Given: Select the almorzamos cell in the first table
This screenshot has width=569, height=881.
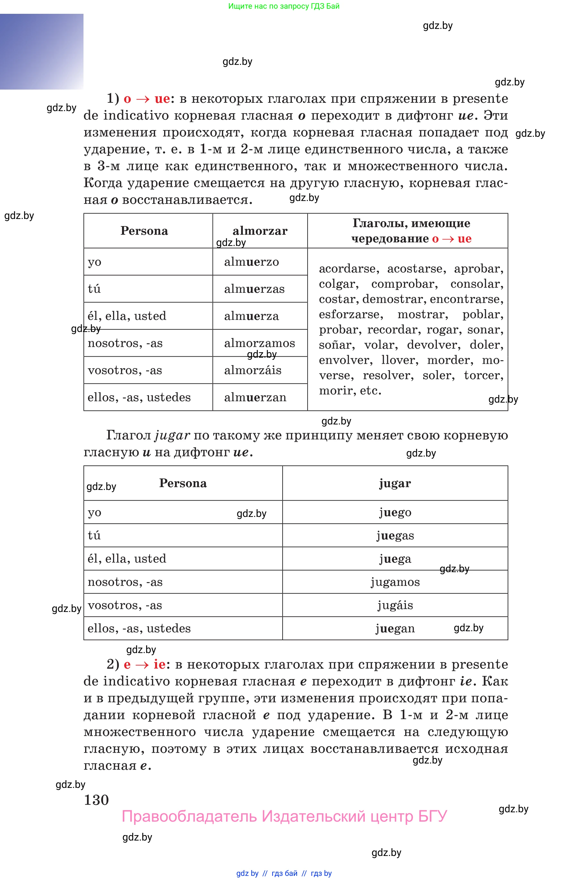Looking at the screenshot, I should click(x=259, y=343).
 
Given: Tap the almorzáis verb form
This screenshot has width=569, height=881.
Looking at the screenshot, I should click(x=253, y=370).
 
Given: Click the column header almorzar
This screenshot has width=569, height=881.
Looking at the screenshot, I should click(x=260, y=231).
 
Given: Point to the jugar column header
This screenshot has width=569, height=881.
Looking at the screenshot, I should click(x=395, y=483).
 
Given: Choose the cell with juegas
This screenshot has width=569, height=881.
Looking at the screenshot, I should click(x=395, y=535).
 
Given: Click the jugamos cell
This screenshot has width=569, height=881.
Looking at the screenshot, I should click(x=395, y=582).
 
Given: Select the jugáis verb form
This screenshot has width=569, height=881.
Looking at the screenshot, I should click(x=395, y=605).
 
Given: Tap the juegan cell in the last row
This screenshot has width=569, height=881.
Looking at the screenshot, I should click(x=395, y=628).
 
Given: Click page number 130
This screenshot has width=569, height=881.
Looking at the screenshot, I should click(x=96, y=800).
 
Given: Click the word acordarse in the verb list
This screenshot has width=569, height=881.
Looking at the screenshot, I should click(x=348, y=268).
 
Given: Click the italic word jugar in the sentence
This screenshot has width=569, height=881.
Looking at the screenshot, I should click(x=172, y=435).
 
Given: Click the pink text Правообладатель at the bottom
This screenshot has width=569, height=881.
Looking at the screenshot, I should click(x=189, y=816).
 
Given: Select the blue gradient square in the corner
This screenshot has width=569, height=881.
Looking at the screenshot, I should click(x=41, y=52).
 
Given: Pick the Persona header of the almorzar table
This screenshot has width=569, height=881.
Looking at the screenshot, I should click(x=144, y=231).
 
